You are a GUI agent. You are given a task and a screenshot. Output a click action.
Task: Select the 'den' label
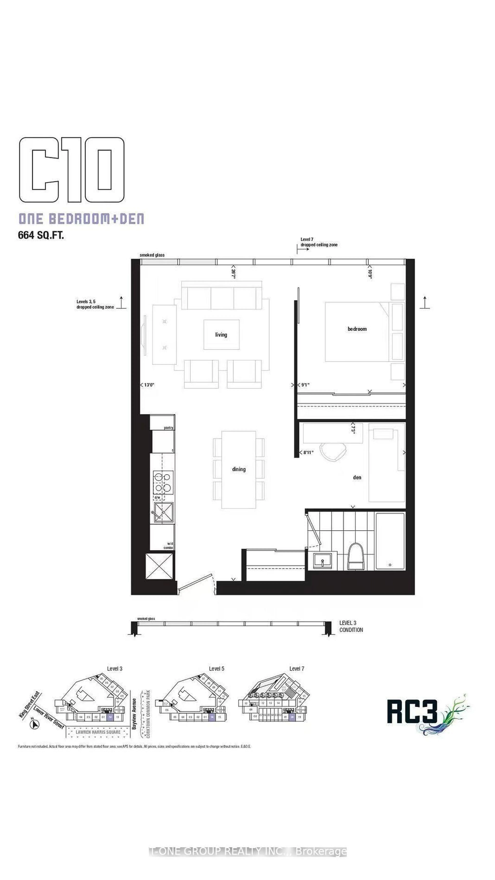[357, 477]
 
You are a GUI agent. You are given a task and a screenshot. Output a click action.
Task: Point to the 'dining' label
[239, 469]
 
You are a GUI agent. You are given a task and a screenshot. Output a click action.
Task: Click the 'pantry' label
[168, 428]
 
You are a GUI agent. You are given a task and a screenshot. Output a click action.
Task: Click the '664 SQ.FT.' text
[41, 235]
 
